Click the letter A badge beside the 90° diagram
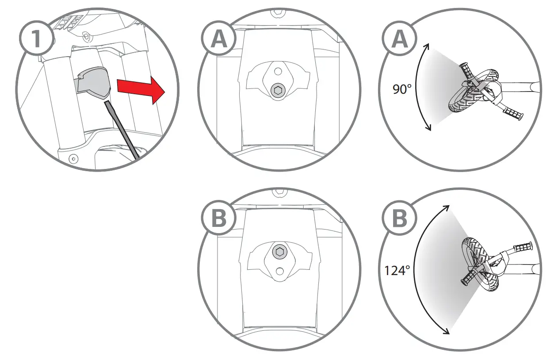(x=400, y=39)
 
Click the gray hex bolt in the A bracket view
(x=278, y=90)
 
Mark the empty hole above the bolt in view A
(x=278, y=71)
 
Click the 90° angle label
(x=402, y=89)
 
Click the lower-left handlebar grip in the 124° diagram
(x=468, y=277)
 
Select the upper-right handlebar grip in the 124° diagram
(x=523, y=246)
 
